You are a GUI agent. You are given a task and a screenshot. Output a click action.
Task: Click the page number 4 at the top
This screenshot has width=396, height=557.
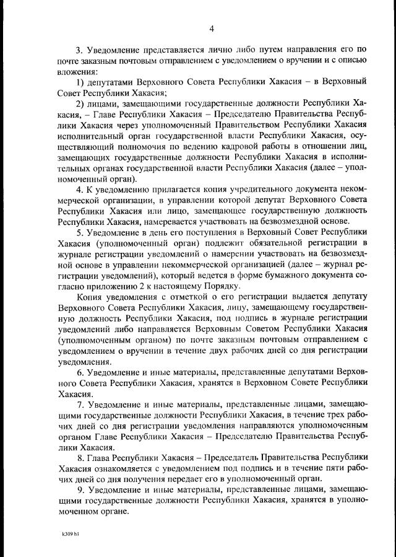pos(212,29)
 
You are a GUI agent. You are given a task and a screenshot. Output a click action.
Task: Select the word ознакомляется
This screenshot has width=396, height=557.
pos(123,470)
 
